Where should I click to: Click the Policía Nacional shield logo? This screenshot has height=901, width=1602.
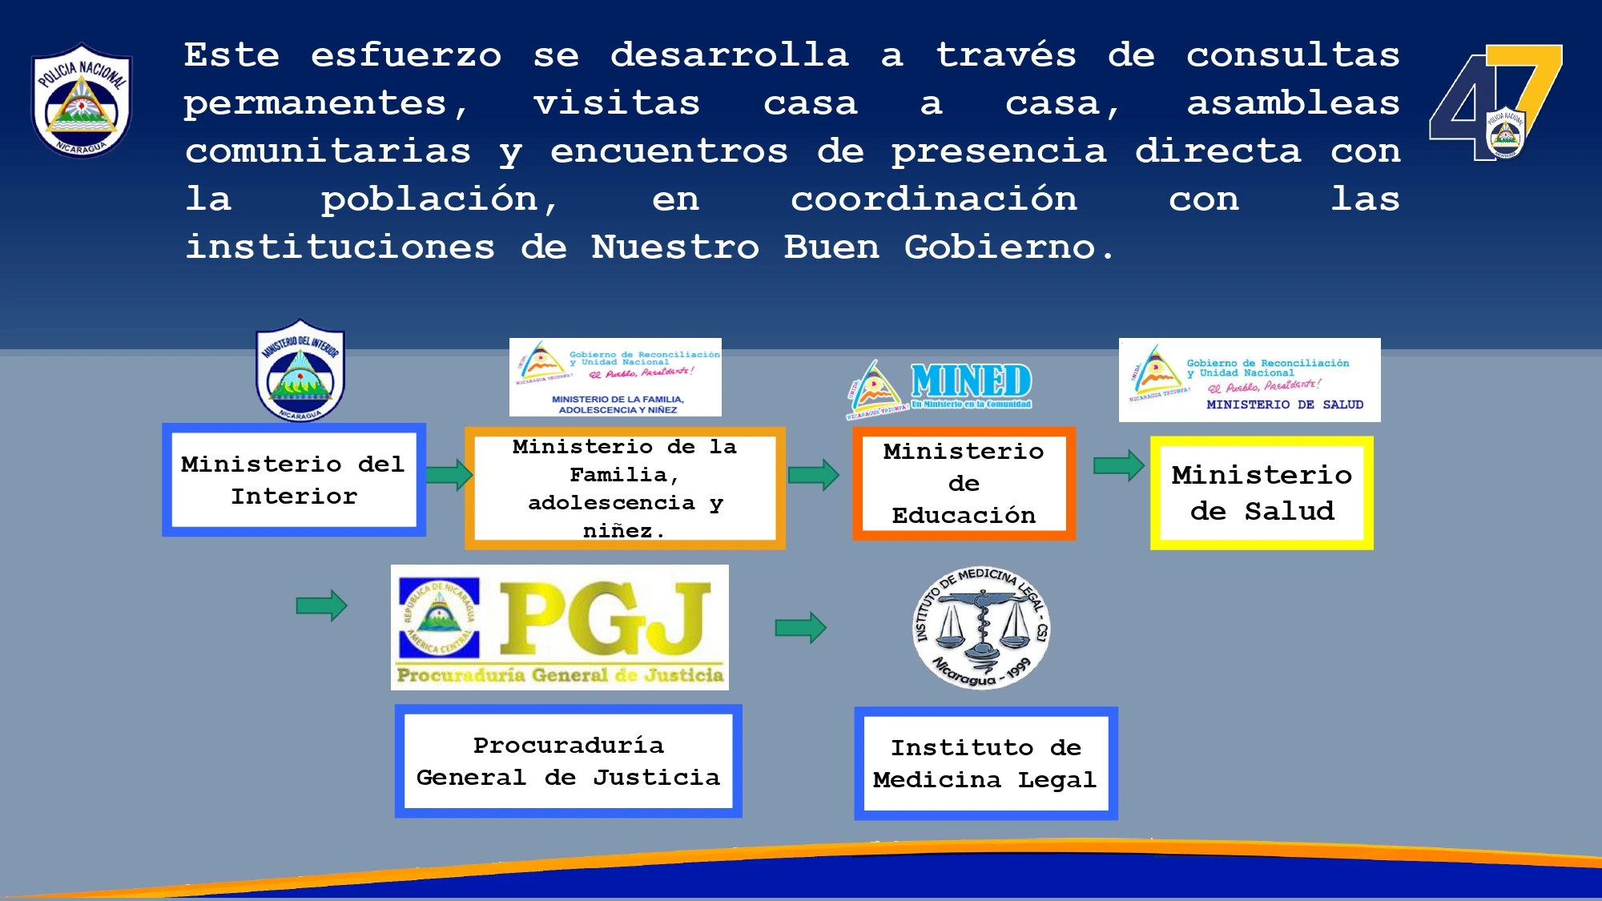[x=82, y=100]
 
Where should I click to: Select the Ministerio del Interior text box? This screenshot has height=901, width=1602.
[x=294, y=480]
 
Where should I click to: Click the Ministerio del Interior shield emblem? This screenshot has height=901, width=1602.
[x=300, y=371]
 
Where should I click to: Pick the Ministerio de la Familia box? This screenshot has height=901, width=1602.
[x=625, y=488]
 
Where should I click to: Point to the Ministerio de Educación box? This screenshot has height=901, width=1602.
[x=964, y=484]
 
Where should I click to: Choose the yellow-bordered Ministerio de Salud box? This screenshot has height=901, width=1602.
[x=1262, y=493]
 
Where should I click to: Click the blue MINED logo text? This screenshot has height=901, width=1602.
[x=971, y=380]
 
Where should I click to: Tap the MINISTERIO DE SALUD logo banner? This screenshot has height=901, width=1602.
[x=1250, y=380]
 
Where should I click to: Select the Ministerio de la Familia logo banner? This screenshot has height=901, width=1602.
[x=615, y=377]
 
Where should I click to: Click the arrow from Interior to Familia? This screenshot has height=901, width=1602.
[x=449, y=474]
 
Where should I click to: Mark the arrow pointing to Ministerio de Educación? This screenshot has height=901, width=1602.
[x=813, y=474]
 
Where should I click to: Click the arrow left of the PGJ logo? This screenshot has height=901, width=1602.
[x=321, y=605]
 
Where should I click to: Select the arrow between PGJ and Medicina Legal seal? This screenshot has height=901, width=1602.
[x=800, y=627]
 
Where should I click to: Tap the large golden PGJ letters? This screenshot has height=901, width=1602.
[x=605, y=618]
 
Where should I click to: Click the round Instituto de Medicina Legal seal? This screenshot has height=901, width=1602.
[x=981, y=628]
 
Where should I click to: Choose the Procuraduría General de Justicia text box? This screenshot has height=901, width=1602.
[x=568, y=761]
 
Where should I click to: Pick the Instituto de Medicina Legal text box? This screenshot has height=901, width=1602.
[x=985, y=763]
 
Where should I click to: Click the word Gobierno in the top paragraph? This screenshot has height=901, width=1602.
[x=1000, y=247]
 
